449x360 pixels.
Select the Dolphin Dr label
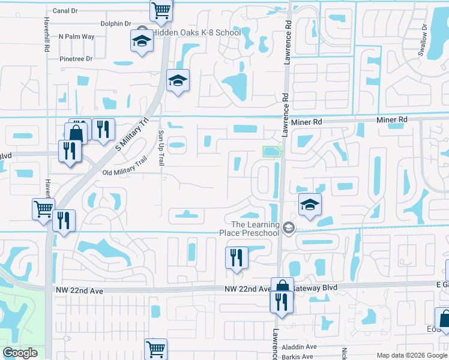[115, 24]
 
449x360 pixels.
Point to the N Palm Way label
[76, 37]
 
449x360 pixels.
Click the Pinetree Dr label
[76, 59]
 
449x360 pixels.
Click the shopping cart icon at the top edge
[161, 9]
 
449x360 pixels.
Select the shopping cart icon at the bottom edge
[155, 347]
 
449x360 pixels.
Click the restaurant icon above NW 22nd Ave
[237, 257]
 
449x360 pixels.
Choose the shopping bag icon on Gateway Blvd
[282, 287]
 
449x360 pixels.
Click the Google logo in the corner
[20, 353]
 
